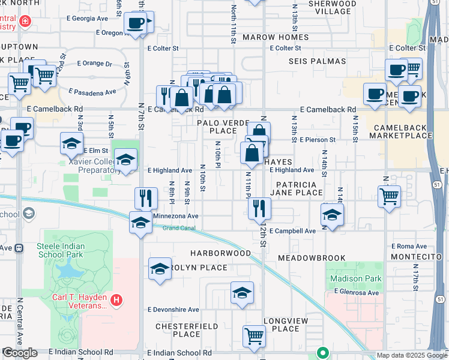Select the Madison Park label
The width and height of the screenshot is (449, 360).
tap(355, 278)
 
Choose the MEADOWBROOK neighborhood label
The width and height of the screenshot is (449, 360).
tap(312, 258)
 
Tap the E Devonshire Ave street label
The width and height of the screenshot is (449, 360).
tap(173, 310)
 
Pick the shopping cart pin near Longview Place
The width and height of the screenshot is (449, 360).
tap(254, 336)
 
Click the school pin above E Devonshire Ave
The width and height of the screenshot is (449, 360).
tap(241, 293)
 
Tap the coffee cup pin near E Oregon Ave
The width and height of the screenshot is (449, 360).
tap(136, 24)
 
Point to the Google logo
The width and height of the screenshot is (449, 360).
tap(20, 353)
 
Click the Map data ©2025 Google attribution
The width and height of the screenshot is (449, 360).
tap(412, 355)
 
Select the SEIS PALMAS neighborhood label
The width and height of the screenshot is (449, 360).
tap(318, 61)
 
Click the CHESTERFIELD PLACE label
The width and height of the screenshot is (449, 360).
tap(178, 330)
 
